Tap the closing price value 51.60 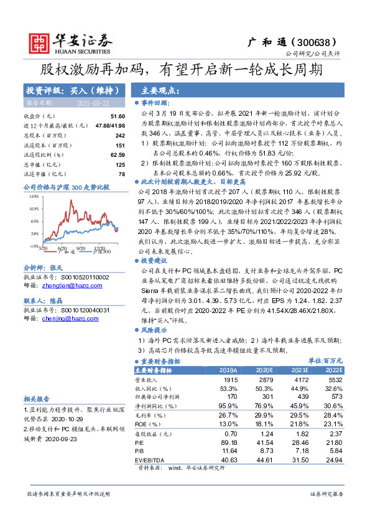[118, 116]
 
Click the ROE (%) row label [147, 424]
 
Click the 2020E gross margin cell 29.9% [264, 414]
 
